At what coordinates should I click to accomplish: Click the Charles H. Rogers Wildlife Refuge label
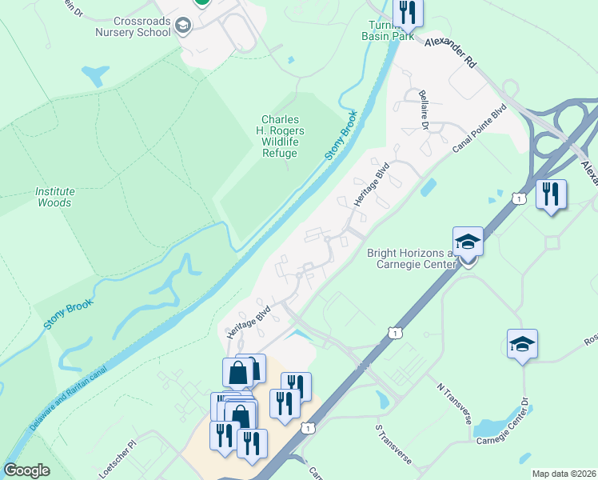[x=280, y=136]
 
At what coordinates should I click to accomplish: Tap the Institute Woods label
[x=54, y=197]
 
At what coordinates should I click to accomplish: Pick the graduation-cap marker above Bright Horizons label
[x=468, y=242]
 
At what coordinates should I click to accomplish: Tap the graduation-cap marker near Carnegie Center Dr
[x=522, y=345]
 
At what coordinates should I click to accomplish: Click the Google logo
[x=26, y=470]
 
